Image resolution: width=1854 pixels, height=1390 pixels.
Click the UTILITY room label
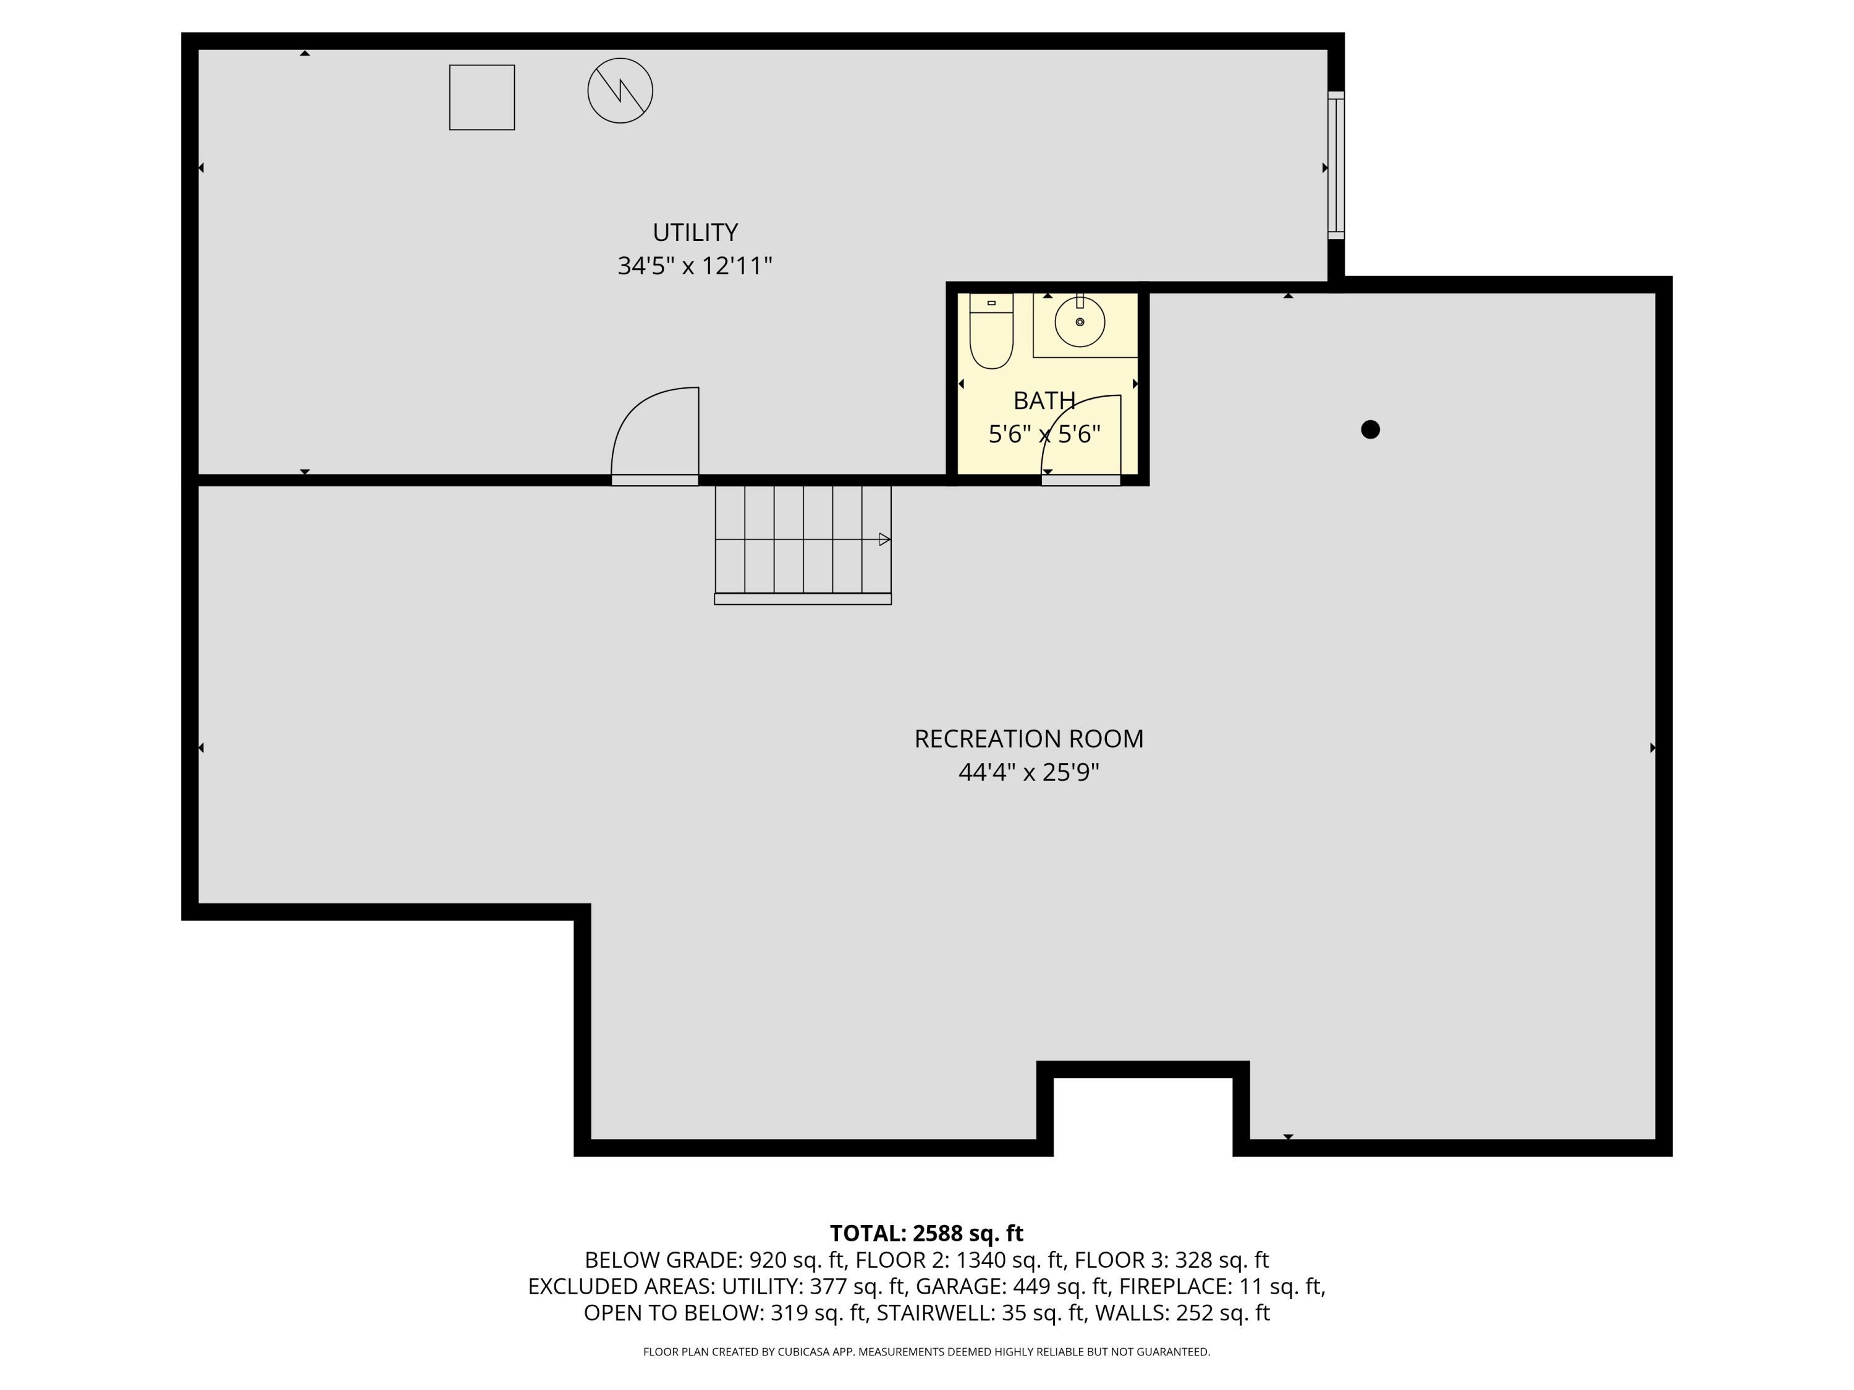point(695,232)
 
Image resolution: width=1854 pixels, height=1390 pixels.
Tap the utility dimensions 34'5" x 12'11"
point(694,266)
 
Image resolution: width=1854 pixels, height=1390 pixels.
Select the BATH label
point(1044,400)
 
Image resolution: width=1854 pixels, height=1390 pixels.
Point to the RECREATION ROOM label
point(1028,739)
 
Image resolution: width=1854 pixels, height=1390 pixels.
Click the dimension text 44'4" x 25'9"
point(1028,772)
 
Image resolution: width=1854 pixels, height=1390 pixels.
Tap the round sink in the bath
point(1080,322)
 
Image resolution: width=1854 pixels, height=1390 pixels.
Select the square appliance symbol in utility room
point(482,97)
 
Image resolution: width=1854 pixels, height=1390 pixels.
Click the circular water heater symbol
point(620,90)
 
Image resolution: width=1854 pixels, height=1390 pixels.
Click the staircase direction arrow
point(884,539)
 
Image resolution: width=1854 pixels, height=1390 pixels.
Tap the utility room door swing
point(654,431)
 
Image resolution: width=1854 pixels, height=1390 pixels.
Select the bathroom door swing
point(1081,436)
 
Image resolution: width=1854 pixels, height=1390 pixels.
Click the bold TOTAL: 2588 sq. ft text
point(926,1233)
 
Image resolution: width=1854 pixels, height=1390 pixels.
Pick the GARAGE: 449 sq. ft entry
point(1012,1286)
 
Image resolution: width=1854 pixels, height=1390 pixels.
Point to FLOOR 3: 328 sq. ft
point(1171,1260)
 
